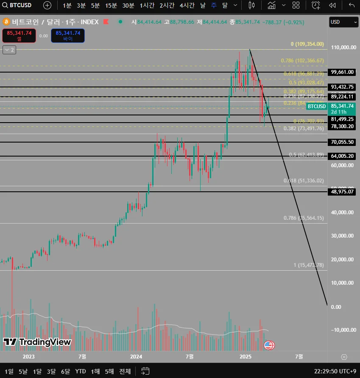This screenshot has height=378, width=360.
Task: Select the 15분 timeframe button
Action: (111, 5)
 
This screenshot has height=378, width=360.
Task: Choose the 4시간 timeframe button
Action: (187, 5)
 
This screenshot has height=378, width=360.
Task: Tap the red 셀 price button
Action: (19, 36)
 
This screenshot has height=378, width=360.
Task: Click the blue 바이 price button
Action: (68, 36)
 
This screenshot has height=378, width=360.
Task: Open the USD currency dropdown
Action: (343, 22)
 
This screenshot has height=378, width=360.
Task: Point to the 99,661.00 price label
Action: (343, 72)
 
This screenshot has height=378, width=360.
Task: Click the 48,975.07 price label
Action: (343, 192)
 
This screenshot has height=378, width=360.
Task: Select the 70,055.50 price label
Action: (343, 142)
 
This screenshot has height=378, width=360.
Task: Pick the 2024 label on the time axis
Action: (136, 356)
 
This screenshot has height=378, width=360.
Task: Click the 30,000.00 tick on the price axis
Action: (343, 236)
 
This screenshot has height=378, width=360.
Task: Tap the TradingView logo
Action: (37, 342)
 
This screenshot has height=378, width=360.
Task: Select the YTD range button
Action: (81, 371)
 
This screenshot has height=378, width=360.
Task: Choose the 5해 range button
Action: (109, 371)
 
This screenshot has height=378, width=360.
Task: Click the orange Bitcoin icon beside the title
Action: (6, 22)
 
